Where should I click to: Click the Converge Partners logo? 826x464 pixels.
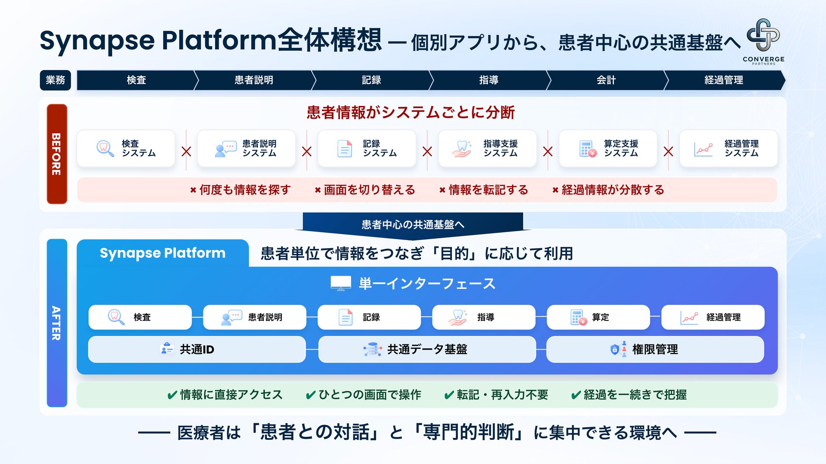(x=763, y=41)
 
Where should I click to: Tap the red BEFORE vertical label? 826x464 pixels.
(x=57, y=154)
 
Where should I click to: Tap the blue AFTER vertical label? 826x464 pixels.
(x=57, y=323)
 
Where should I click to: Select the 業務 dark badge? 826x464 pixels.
(x=55, y=80)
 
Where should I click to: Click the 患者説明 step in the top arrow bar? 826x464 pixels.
(x=254, y=80)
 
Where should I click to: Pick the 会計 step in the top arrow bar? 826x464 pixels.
(x=606, y=80)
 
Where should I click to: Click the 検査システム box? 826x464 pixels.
(x=126, y=148)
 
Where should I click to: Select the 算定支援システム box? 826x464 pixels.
(x=608, y=148)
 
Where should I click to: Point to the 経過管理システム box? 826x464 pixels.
(x=729, y=148)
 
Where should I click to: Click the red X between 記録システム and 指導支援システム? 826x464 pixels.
(x=427, y=151)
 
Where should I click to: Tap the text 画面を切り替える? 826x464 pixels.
(x=369, y=190)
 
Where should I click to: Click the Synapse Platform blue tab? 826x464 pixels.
(x=163, y=253)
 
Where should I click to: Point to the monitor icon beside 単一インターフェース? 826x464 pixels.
(x=341, y=283)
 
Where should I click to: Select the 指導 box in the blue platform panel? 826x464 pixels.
(x=484, y=317)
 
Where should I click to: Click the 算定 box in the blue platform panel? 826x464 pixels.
(x=598, y=317)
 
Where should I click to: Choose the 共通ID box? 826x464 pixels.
(x=197, y=349)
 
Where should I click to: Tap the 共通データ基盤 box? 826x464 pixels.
(x=427, y=349)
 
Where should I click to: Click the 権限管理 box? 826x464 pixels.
(x=655, y=349)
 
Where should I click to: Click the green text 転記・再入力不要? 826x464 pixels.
(x=502, y=395)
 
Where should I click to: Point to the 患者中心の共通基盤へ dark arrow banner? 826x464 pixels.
(x=413, y=224)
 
